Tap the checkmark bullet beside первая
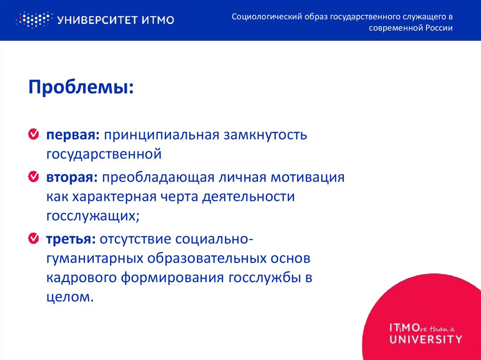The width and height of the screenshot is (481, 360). pos(34,135)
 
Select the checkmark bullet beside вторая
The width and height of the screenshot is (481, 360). pos(34,177)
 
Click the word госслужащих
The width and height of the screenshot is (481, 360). pos(93,215)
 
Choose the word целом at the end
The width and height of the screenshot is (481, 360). pos(67,297)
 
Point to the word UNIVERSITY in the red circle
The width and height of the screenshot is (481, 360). pos(426,339)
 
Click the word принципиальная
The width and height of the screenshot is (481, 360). pos(162,136)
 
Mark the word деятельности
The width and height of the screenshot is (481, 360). pos(248,197)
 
